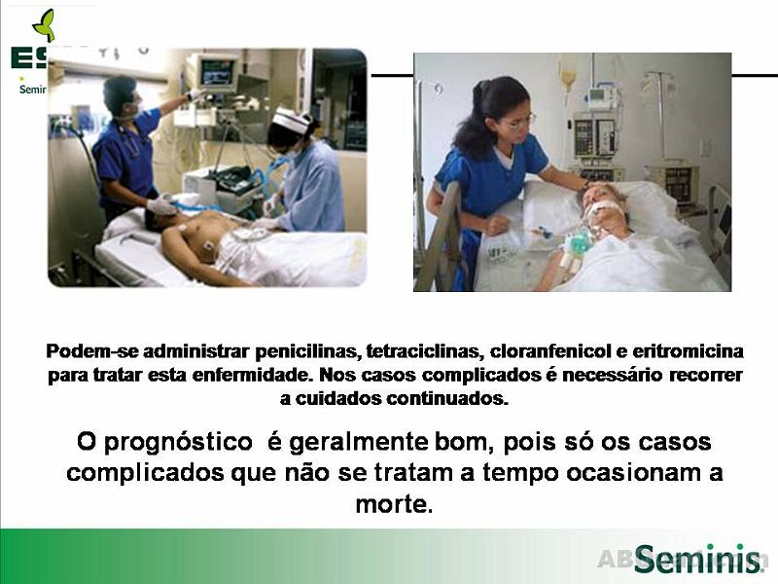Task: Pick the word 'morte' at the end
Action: pos(391,505)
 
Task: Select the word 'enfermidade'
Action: pos(259,376)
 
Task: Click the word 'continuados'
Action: pos(447,399)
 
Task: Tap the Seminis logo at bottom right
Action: pos(697,560)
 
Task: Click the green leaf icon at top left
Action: pos(44,24)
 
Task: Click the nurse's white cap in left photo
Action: pos(289,121)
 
